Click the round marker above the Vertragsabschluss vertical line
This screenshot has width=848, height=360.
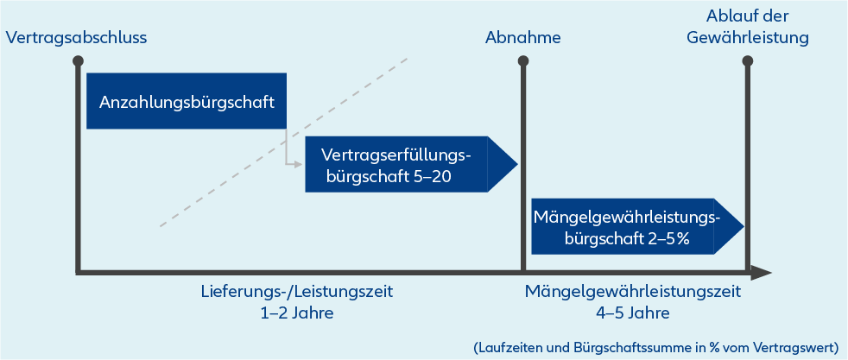79,60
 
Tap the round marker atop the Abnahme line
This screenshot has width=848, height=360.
523,60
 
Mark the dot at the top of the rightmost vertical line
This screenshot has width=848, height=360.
748,60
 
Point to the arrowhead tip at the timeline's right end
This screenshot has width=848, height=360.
771,273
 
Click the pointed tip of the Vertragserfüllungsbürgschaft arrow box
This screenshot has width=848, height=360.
518,164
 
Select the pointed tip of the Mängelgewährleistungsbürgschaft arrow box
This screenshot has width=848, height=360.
744,225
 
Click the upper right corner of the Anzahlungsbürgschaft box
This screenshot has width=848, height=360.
286,73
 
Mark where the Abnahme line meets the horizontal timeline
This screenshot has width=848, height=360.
523,273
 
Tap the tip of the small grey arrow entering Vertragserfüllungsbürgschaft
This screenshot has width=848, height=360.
301,163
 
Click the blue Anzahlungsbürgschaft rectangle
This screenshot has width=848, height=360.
186,101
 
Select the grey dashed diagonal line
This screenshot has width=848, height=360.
283,142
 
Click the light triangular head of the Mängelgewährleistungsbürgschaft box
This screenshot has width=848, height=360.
728,225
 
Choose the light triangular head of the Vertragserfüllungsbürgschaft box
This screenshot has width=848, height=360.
502,164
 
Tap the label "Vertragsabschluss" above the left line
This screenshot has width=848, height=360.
76,38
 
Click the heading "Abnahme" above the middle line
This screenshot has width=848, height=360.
523,38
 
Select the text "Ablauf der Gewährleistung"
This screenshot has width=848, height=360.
748,27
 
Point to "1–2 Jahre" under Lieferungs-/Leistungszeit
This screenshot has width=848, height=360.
296,313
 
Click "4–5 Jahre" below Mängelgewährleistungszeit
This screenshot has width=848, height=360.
633,313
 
